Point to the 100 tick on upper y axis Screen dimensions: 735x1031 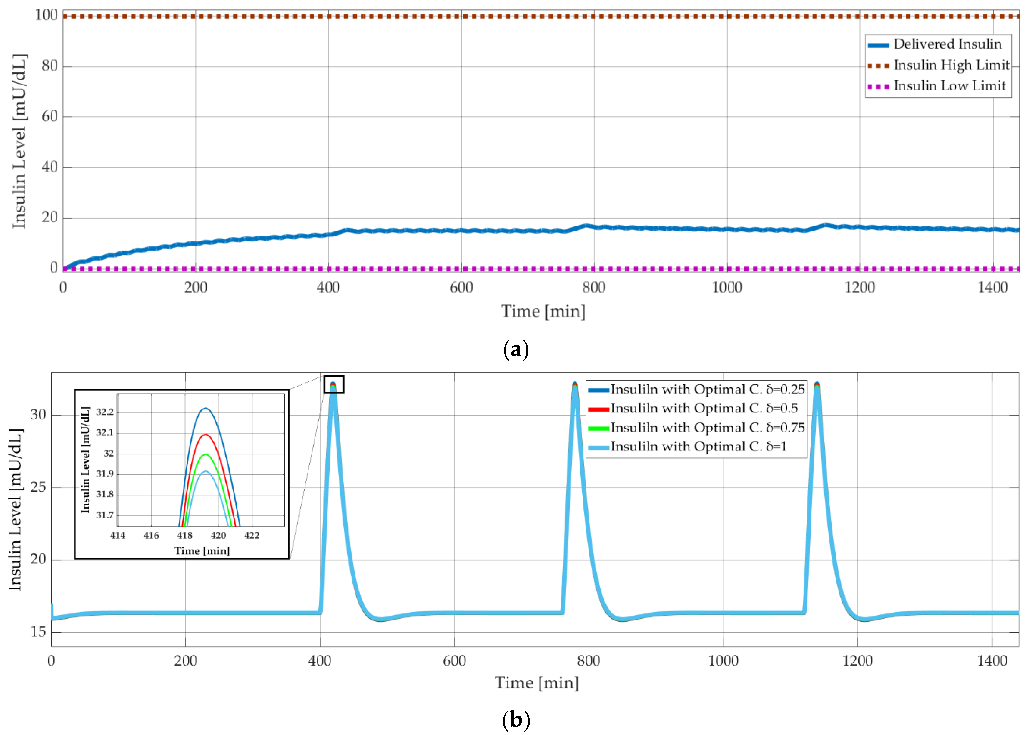coord(46,15)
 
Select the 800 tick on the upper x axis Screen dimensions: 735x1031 coord(594,288)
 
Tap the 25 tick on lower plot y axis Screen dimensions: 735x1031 coord(38,487)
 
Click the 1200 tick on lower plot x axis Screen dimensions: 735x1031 coord(857,661)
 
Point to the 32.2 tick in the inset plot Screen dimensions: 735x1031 coord(105,412)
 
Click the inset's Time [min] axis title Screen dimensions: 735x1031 coord(202,551)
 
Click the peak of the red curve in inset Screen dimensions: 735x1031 coord(205,434)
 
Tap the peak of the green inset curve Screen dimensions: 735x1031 coord(205,454)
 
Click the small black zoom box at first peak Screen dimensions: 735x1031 coord(334,384)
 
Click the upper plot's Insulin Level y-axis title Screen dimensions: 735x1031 coord(19,141)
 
